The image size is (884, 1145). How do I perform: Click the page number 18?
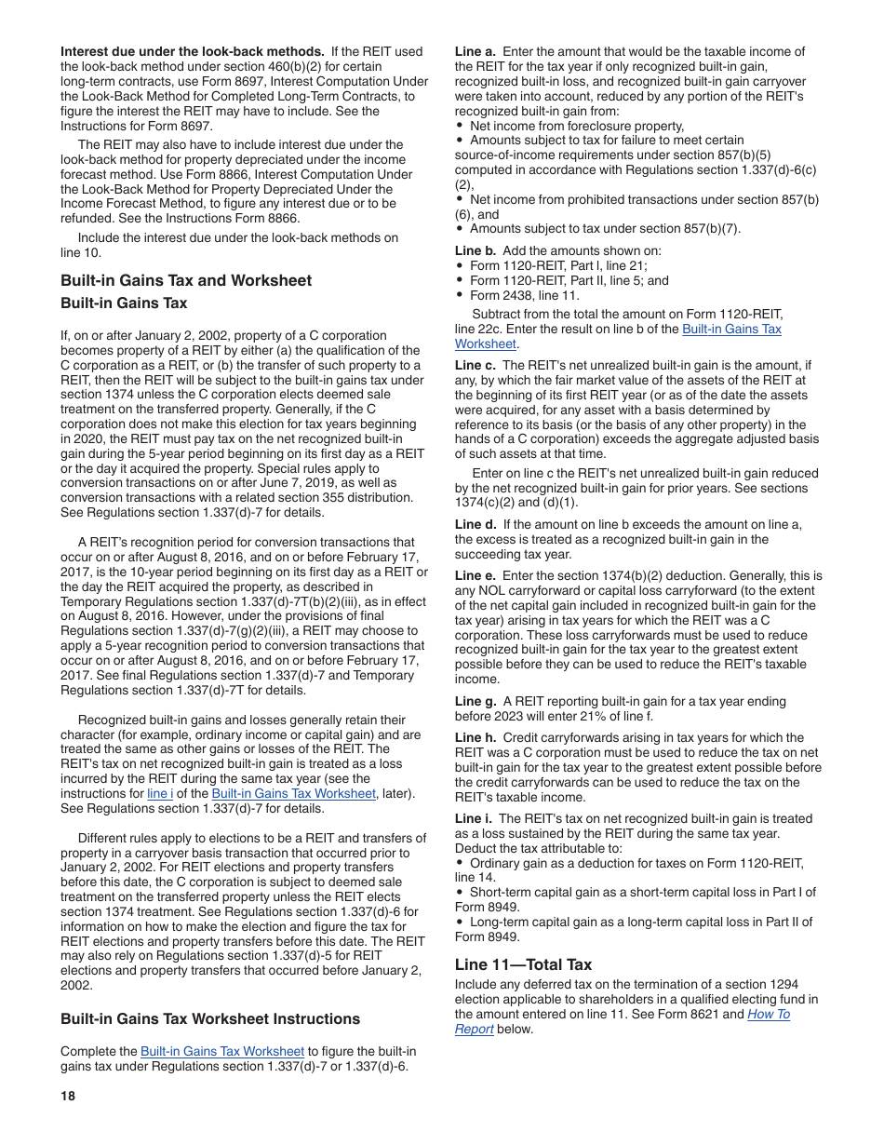pos(68,1096)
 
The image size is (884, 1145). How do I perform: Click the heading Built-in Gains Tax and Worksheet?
pos(186,280)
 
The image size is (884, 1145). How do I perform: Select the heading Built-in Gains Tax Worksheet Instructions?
pos(210,1018)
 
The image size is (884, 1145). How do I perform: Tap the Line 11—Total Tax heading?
pos(523,964)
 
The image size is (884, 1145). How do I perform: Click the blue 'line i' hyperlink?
pos(160,794)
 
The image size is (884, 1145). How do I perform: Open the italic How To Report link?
pos(769,1015)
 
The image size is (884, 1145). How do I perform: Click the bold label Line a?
pos(475,52)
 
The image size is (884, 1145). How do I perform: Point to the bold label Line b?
pos(475,250)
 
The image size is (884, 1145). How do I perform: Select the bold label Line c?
pos(475,365)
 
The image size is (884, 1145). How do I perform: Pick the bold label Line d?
pos(475,524)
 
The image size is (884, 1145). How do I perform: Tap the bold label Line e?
pos(475,576)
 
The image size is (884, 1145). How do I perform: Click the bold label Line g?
pos(475,701)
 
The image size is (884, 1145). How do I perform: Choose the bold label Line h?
pos(475,737)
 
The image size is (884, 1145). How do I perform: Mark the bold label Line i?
pos(474,818)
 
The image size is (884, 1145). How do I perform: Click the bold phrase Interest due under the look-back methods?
pos(192,52)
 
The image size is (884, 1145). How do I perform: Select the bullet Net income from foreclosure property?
pos(577,126)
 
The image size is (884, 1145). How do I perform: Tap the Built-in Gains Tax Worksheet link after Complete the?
pos(222,1052)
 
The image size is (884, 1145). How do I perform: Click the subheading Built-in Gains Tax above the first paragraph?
pos(124,303)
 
